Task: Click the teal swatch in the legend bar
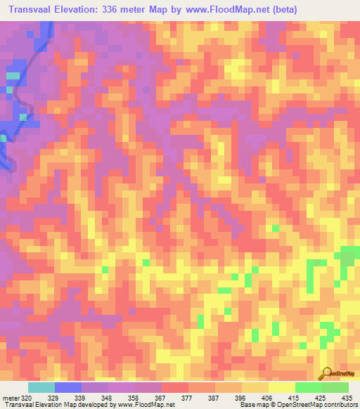pyautogui.click(x=41, y=387)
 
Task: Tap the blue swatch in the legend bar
pyautogui.click(x=68, y=387)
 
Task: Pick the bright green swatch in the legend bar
pyautogui.click(x=308, y=387)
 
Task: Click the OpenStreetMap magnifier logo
pyautogui.click(x=326, y=373)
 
